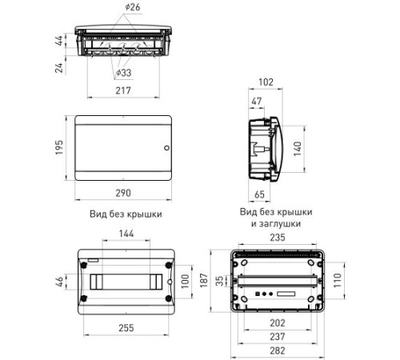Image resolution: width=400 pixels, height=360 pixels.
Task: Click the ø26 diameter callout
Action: [x=133, y=7]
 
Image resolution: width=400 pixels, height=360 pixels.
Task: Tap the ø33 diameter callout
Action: [x=124, y=73]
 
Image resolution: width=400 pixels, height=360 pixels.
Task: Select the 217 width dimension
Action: [x=123, y=90]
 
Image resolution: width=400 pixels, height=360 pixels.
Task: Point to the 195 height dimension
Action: [x=59, y=147]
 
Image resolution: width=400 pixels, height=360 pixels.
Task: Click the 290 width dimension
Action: [x=123, y=193]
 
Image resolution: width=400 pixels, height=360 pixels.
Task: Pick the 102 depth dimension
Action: [x=266, y=82]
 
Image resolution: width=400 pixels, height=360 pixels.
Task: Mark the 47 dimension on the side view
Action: [x=257, y=101]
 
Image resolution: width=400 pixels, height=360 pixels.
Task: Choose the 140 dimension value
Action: [x=297, y=149]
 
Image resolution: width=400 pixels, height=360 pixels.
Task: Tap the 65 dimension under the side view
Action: [x=259, y=194]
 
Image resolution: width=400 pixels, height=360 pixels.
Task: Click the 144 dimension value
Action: [x=126, y=234]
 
